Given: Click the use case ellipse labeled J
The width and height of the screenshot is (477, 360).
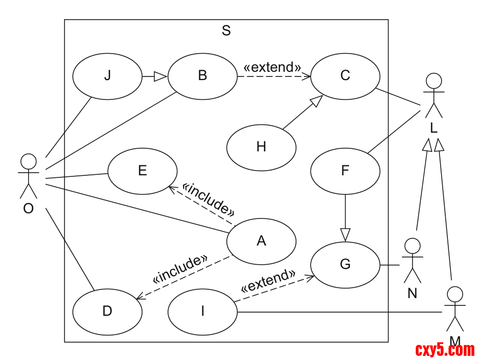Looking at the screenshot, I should [x=107, y=76].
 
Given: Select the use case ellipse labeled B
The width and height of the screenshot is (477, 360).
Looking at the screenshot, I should [x=202, y=76].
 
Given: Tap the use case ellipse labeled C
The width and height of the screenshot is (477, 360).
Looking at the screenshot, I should [x=345, y=76].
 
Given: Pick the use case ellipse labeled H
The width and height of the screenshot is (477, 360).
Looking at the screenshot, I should [x=261, y=147].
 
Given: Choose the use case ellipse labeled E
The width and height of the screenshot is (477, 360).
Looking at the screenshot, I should [x=143, y=171].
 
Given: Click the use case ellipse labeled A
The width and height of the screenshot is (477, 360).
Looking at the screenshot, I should [x=261, y=241].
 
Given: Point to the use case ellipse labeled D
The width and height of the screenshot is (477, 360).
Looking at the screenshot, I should [x=107, y=311].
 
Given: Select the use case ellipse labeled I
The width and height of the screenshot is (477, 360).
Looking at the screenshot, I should [x=202, y=311].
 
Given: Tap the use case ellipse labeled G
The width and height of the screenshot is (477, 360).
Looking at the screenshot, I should [x=345, y=265].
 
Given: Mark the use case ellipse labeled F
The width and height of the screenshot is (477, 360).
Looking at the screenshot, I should [x=345, y=171].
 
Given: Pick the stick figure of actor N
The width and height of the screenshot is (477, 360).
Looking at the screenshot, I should [x=412, y=260].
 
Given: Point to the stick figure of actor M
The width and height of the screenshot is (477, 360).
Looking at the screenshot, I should [x=455, y=308].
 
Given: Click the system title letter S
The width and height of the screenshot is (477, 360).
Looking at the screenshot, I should [x=226, y=31].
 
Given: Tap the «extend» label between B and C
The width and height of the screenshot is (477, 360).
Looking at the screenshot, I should [x=272, y=67].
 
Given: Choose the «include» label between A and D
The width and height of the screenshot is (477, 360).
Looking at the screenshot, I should [x=181, y=269].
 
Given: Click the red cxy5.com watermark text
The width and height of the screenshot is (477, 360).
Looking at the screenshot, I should [x=445, y=350].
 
